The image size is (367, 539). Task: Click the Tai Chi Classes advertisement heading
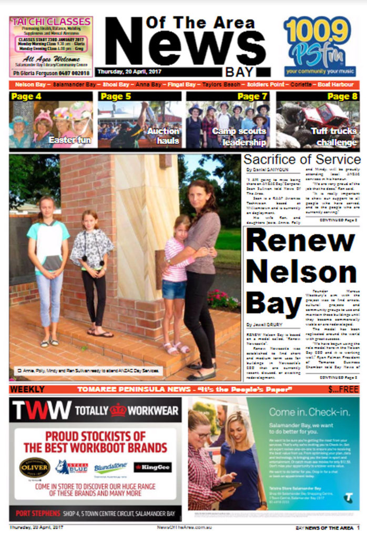click(x=51, y=22)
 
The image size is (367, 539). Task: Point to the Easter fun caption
click(x=69, y=140)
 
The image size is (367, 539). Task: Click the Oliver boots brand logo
click(x=35, y=467)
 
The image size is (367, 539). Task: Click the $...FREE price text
click(x=343, y=390)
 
